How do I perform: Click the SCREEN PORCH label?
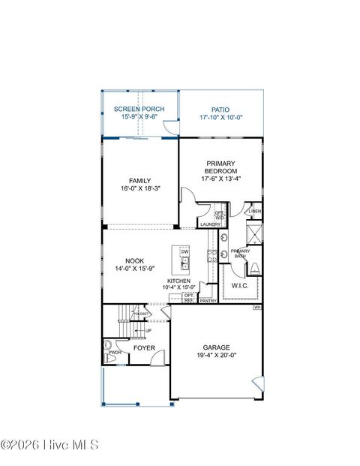(139, 110)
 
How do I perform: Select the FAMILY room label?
(139, 181)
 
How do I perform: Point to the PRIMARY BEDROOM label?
(221, 167)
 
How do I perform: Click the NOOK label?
(124, 261)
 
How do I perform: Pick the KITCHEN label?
(178, 281)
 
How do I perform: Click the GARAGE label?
(216, 347)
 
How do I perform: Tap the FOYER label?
(144, 348)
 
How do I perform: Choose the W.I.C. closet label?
(240, 285)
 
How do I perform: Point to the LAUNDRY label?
(210, 224)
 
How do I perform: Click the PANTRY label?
(208, 300)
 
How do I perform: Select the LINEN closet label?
(256, 212)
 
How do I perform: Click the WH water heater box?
(257, 307)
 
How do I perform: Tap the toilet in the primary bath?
(254, 268)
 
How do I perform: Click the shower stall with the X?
(256, 234)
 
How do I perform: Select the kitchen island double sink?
(184, 263)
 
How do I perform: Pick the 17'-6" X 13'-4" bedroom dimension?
(221, 179)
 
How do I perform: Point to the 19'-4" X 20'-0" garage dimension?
(216, 356)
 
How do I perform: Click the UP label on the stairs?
(148, 330)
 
